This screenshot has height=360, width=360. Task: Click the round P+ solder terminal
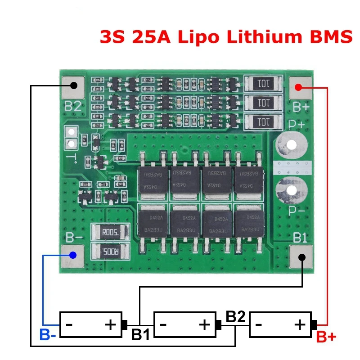pyautogui.click(x=292, y=145)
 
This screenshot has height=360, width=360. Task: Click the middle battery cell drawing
pyautogui.click(x=184, y=324)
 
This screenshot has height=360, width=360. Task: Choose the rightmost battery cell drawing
pyautogui.click(x=280, y=324)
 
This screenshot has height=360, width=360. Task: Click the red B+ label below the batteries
pyautogui.click(x=326, y=337)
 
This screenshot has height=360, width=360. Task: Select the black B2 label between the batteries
pyautogui.click(x=235, y=317)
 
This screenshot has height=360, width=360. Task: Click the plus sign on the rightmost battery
pyautogui.click(x=300, y=324)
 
